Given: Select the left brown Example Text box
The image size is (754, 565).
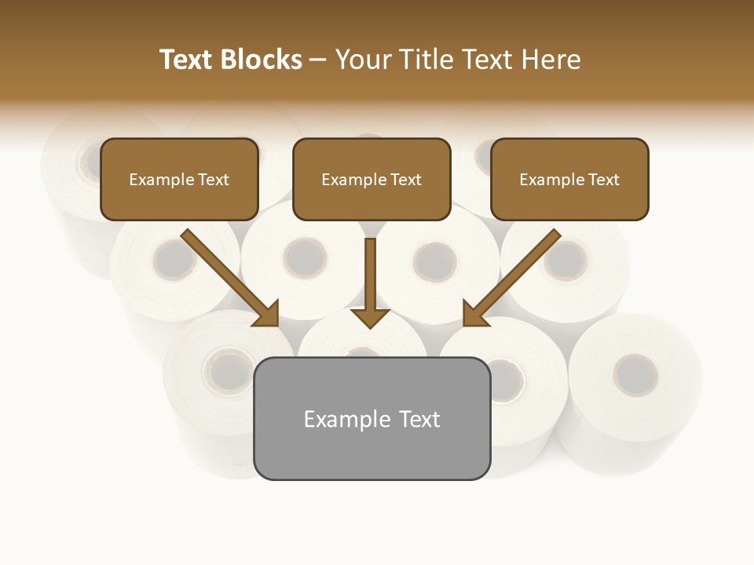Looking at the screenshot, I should (179, 180).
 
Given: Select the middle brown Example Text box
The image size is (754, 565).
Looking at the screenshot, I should (372, 180).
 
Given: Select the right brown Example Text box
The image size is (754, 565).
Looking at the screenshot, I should (569, 180).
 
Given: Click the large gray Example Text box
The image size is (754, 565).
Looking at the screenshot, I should (372, 419).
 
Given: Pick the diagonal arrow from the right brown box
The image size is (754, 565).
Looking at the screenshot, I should (514, 275).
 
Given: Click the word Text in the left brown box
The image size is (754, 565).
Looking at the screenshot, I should (213, 180).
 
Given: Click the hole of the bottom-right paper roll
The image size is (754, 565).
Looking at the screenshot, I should (635, 374).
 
